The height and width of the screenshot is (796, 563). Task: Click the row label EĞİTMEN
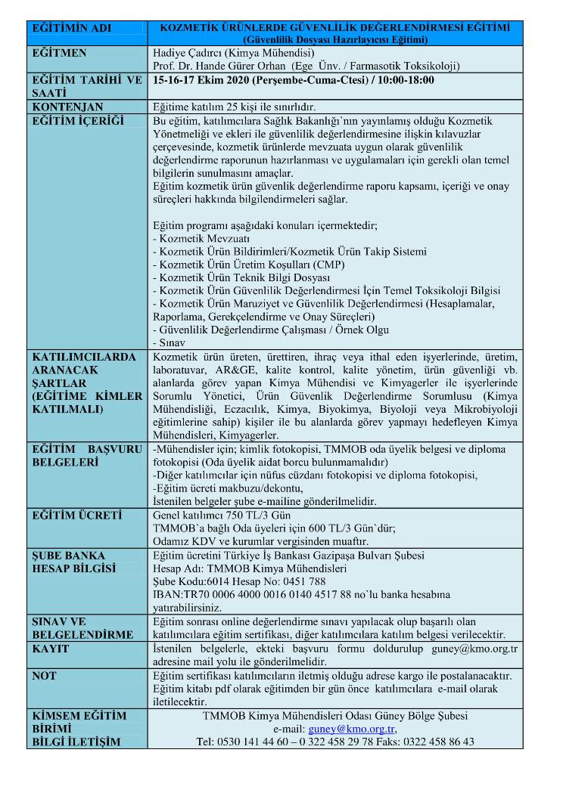(59, 53)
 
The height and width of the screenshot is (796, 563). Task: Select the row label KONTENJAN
(67, 107)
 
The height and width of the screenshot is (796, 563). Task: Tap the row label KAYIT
(50, 649)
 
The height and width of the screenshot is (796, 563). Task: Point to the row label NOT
(45, 675)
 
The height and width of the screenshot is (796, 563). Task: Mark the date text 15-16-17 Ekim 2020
(200, 79)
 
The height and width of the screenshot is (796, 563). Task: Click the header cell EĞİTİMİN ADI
(71, 29)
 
